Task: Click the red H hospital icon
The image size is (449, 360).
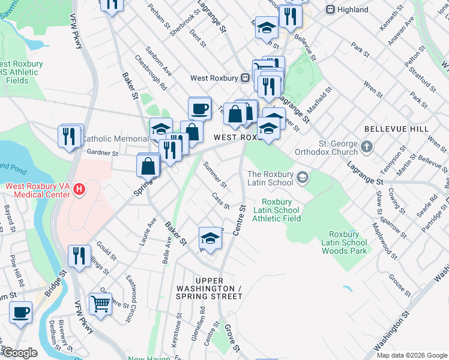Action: pos(79,190)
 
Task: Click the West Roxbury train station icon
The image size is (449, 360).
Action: pos(245,78)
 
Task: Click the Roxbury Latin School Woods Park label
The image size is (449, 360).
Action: pos(343,242)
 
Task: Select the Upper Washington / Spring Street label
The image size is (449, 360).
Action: pos(217,289)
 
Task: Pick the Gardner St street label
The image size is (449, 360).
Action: pos(103,153)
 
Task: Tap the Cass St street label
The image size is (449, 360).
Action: pos(221,201)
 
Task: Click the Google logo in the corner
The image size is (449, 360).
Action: pos(20,353)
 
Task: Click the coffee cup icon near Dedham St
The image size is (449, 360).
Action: pos(21,313)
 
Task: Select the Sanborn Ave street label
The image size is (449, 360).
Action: pos(158,62)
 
